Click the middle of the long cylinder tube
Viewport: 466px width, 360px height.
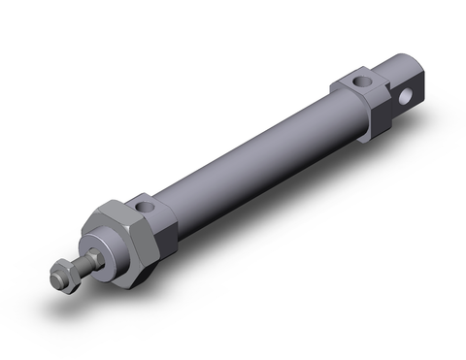[x=257, y=160]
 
